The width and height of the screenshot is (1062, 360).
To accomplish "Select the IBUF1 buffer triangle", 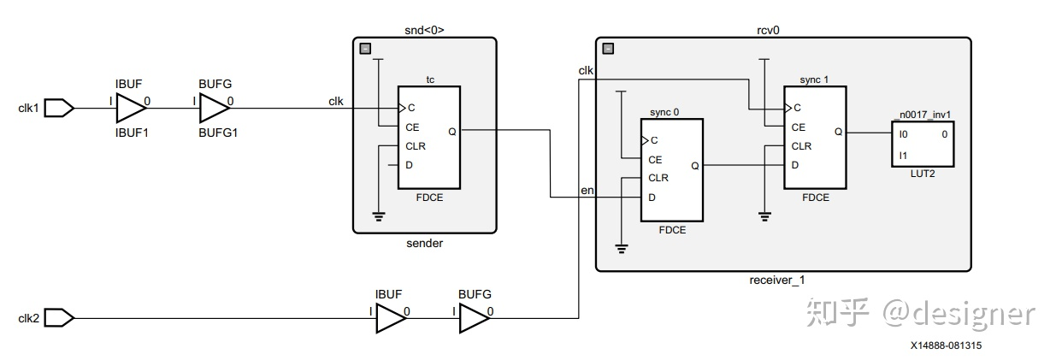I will (x=131, y=108).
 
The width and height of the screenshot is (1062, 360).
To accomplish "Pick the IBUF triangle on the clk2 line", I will (x=389, y=319).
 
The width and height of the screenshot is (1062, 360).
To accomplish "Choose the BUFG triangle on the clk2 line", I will (x=474, y=319).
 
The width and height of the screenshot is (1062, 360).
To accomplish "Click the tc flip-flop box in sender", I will (x=428, y=138).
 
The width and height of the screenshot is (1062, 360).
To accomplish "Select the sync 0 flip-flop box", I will (x=671, y=170).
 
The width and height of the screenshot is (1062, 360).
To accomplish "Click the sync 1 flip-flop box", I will (x=814, y=138).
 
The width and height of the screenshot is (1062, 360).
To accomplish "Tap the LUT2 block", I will (x=922, y=145).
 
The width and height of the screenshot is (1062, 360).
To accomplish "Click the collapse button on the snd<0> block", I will (x=365, y=49).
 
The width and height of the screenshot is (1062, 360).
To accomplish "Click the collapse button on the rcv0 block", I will (x=608, y=49).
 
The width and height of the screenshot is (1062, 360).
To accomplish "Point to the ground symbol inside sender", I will (x=379, y=215).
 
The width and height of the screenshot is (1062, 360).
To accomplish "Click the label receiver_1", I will (x=777, y=280).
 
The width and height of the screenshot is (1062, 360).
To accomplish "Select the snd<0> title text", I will (x=424, y=30).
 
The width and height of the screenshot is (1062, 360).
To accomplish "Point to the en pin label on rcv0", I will (x=587, y=190).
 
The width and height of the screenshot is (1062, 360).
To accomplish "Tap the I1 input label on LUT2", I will (x=903, y=155).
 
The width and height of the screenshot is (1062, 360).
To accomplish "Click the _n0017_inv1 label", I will (x=921, y=115).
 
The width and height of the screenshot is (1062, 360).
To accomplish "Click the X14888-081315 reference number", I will (x=946, y=345).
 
